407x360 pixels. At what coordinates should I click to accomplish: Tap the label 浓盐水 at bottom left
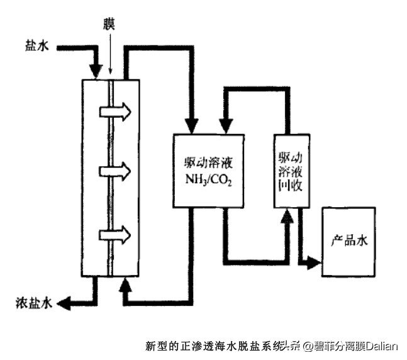31,303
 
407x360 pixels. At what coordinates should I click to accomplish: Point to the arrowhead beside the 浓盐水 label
64,303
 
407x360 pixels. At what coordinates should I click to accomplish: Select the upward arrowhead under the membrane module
126,284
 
